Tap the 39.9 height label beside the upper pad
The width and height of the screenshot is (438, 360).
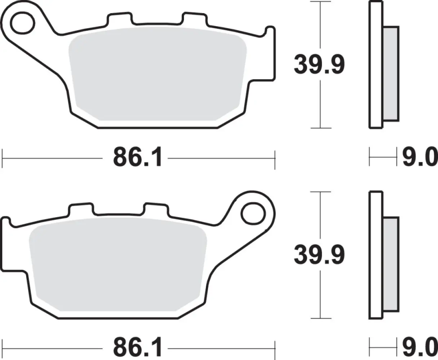(319, 65)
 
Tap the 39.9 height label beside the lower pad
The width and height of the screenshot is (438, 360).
(319, 255)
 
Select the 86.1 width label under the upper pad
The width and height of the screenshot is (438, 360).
(138, 158)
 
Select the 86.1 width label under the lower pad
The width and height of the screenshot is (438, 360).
(138, 348)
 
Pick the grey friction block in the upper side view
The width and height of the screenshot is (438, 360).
(391, 73)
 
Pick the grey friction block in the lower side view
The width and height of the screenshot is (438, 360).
(391, 264)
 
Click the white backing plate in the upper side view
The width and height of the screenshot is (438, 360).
(376, 65)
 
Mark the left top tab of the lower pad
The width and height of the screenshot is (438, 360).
(81, 209)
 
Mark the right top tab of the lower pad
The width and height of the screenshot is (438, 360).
(156, 209)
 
